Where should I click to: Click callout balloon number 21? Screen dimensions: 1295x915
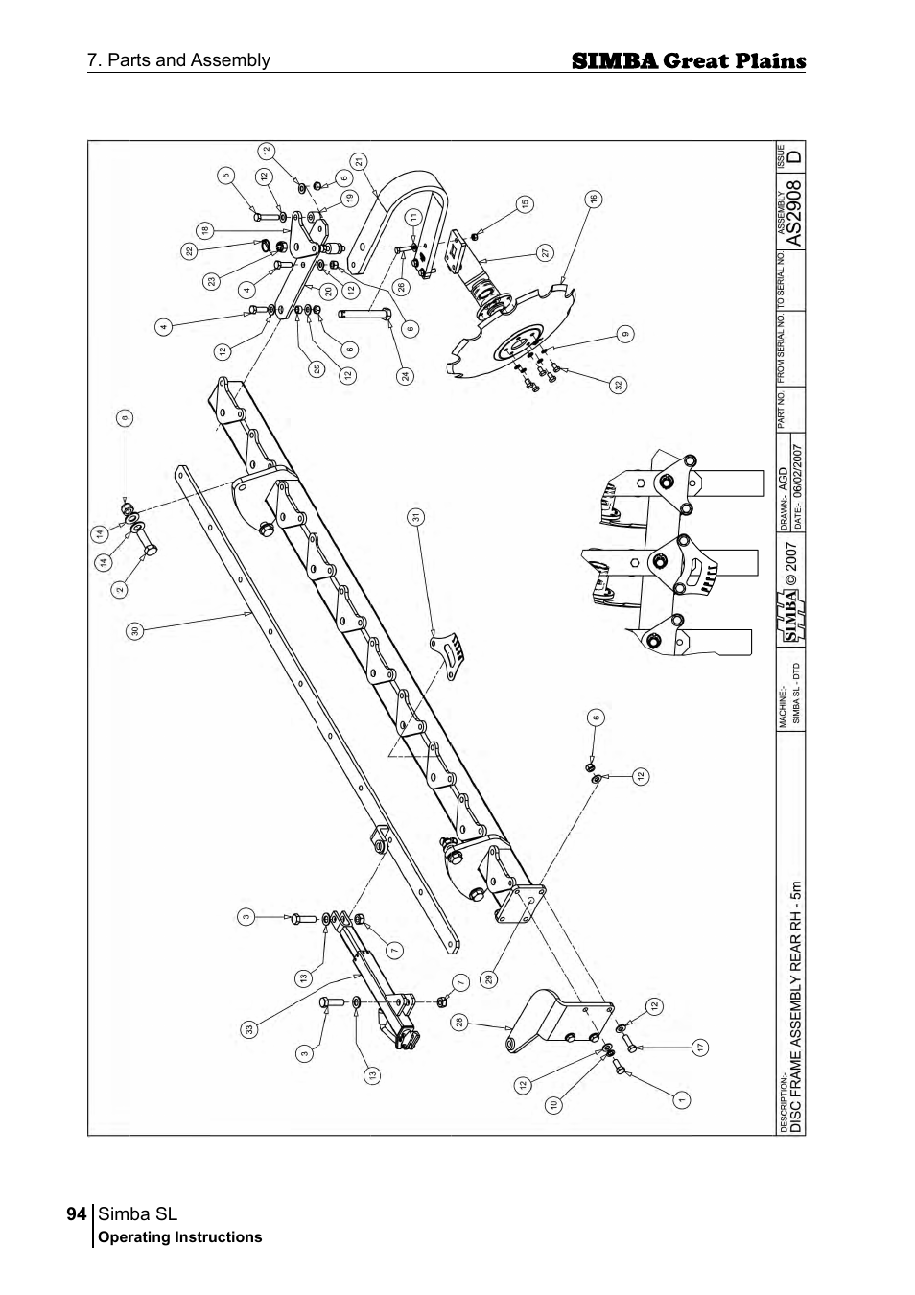tap(359, 162)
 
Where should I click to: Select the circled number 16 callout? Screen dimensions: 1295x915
tap(594, 199)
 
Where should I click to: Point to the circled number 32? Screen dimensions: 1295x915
tap(619, 385)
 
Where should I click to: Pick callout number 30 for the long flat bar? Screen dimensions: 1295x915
tap(135, 630)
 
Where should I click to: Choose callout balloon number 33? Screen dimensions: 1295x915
tap(249, 1029)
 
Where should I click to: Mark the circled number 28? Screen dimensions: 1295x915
tap(460, 1023)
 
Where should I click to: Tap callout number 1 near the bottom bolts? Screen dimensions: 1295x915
tap(680, 1099)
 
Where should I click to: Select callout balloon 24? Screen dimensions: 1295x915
tap(407, 376)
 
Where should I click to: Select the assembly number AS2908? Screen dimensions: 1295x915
tap(793, 207)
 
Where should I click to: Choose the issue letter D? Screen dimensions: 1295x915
tap(793, 153)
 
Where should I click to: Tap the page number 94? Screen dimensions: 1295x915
tap(78, 1213)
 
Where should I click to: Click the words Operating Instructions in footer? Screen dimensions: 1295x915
tap(180, 1237)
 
